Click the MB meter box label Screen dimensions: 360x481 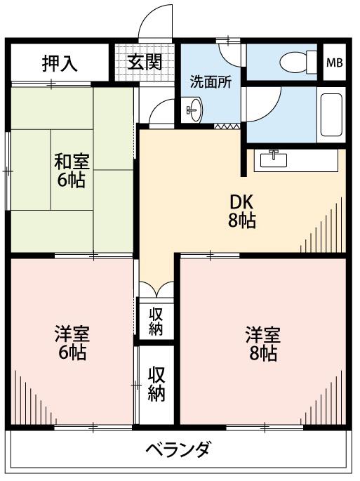click(x=335, y=63)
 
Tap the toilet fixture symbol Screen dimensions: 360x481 click(x=298, y=62)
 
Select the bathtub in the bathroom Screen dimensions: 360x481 click(x=331, y=115)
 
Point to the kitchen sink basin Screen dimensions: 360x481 click(x=274, y=159)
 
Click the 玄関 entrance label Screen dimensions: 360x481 click(x=145, y=62)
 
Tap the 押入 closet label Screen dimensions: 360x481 click(x=60, y=63)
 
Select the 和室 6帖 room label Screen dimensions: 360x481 click(x=72, y=171)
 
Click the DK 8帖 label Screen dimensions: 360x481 click(x=242, y=211)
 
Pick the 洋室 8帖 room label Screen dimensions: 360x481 click(x=263, y=343)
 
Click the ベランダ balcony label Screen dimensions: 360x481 click(x=178, y=449)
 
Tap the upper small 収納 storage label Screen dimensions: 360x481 click(x=156, y=321)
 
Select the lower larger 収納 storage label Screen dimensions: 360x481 click(x=156, y=384)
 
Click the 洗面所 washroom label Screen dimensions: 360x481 click(x=211, y=82)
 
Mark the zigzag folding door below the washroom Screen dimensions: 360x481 click(x=227, y=126)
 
